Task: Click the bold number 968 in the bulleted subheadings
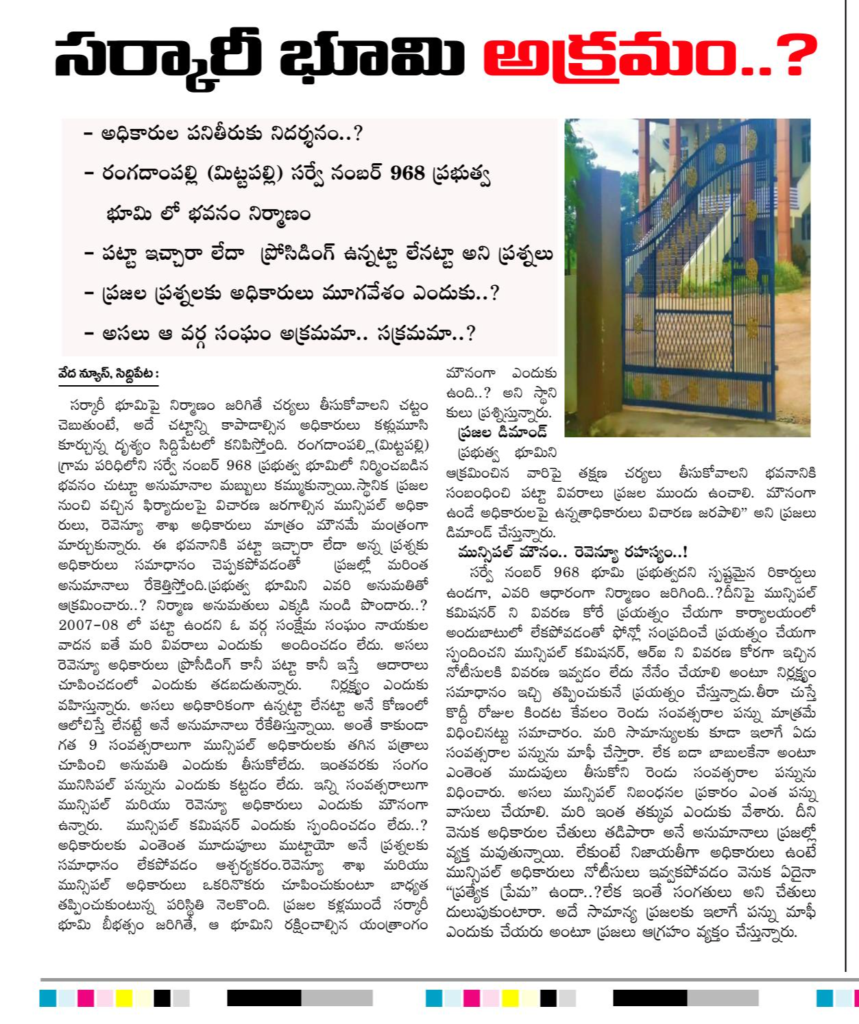[x=407, y=173]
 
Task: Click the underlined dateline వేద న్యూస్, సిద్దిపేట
[x=108, y=374]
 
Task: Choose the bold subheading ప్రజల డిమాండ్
[x=503, y=432]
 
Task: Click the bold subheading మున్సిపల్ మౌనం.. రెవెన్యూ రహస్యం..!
[x=572, y=552]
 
